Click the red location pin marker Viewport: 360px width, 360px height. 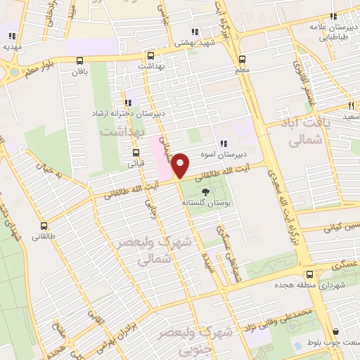point(181,165)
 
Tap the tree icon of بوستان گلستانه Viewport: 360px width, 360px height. point(205,191)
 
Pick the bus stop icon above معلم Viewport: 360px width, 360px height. point(243,59)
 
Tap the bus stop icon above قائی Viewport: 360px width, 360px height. point(136,153)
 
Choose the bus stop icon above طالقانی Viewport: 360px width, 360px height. point(44,226)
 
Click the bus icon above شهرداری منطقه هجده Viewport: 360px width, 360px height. point(307,274)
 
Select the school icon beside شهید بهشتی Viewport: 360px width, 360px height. point(194,32)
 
